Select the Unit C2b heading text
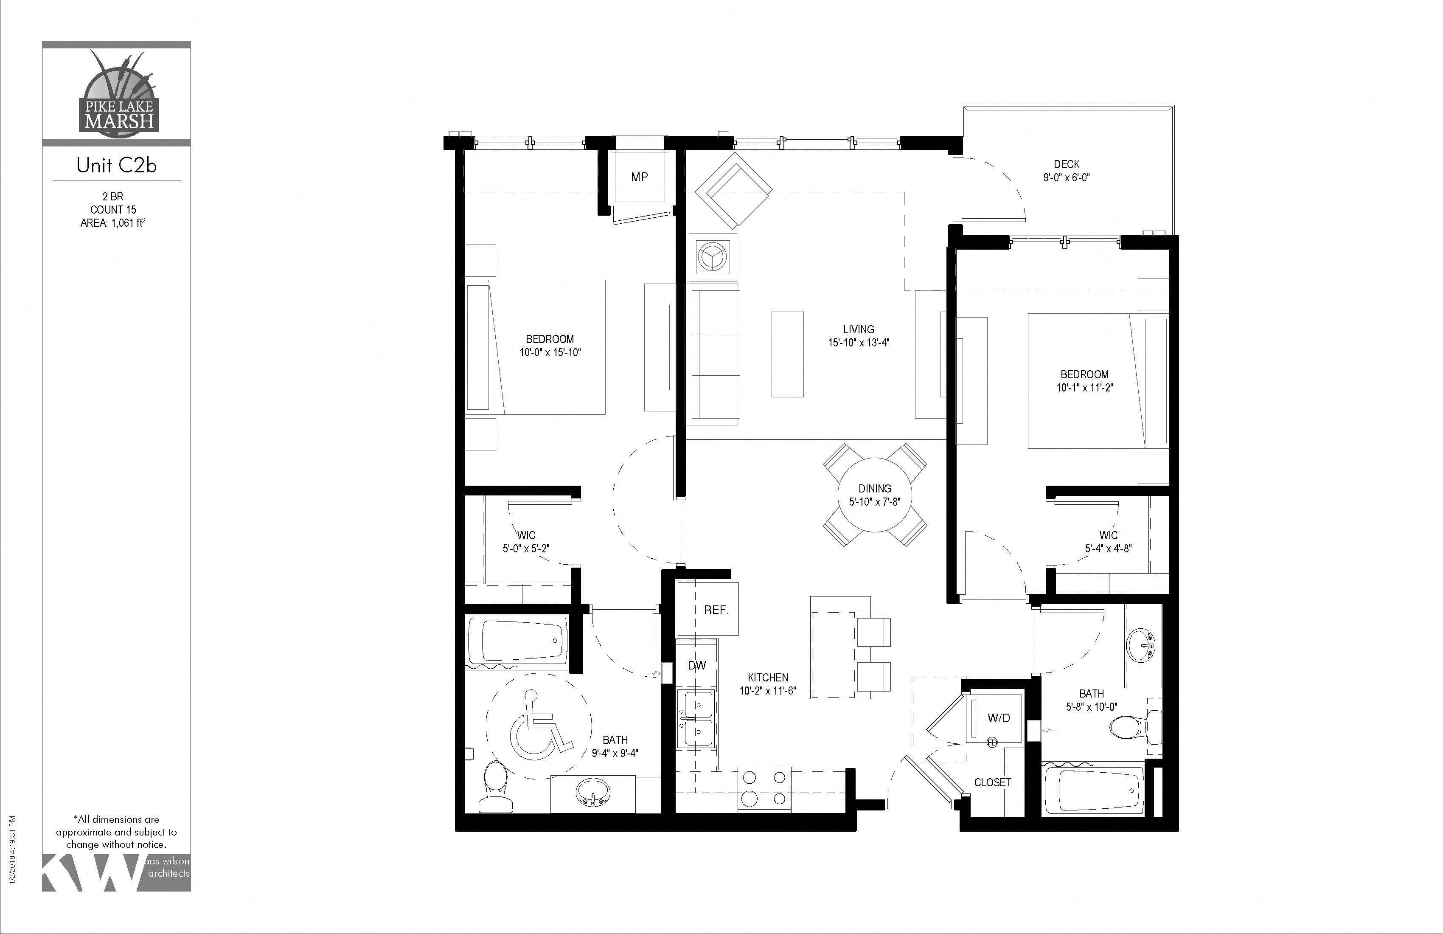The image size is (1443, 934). (116, 166)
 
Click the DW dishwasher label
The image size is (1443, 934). (696, 665)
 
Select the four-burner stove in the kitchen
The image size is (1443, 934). (764, 788)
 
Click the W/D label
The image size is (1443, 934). (999, 718)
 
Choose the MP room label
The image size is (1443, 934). (639, 177)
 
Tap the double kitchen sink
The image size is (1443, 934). (698, 719)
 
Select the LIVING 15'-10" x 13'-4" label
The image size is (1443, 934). (859, 336)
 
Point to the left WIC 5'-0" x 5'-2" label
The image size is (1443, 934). (526, 542)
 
